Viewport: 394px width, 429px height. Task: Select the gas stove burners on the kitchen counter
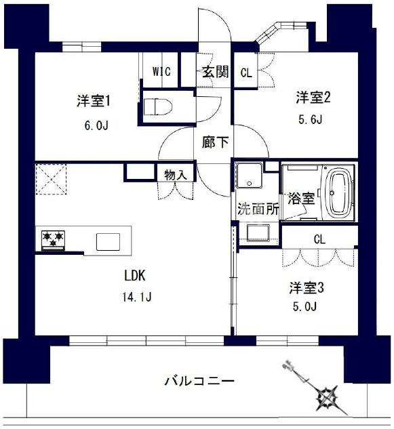pyautogui.click(x=53, y=239)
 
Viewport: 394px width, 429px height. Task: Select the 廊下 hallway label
pyautogui.click(x=214, y=143)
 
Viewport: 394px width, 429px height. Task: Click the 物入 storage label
pyautogui.click(x=175, y=174)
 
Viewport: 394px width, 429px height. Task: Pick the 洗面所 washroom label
pyautogui.click(x=257, y=209)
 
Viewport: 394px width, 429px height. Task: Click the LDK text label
pyautogui.click(x=134, y=276)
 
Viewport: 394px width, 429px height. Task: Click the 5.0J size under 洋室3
pyautogui.click(x=307, y=308)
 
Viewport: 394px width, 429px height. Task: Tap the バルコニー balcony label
pyautogui.click(x=199, y=381)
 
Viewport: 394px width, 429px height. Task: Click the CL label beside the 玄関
pyautogui.click(x=245, y=73)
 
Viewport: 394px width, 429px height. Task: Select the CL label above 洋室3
pyautogui.click(x=319, y=239)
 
